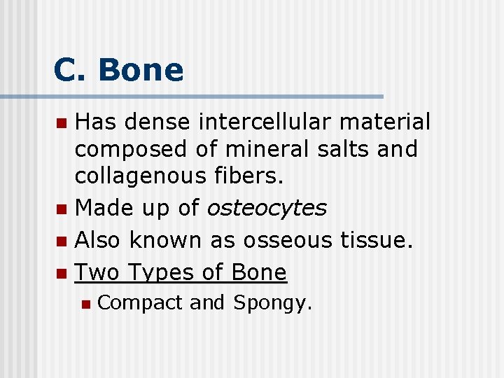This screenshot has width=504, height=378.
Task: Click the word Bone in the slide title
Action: (141, 70)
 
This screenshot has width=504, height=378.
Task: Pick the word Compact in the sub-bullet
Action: (140, 303)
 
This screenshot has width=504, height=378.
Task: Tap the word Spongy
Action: (272, 303)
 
